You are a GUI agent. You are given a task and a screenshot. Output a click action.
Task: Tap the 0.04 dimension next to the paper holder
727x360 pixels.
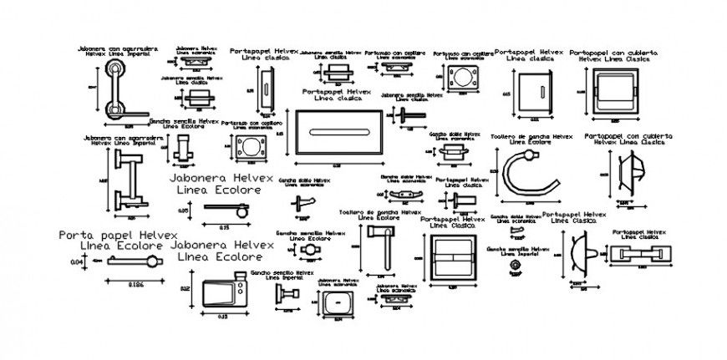pos(76,262)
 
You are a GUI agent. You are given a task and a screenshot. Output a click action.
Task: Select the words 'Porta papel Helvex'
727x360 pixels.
pos(107,236)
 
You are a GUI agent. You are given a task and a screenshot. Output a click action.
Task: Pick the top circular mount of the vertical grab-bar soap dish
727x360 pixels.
pos(115,70)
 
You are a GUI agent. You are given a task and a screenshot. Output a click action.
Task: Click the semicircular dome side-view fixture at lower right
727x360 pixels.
pos(579,254)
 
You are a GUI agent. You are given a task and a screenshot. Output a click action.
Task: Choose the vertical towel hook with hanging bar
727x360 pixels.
pos(382,246)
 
